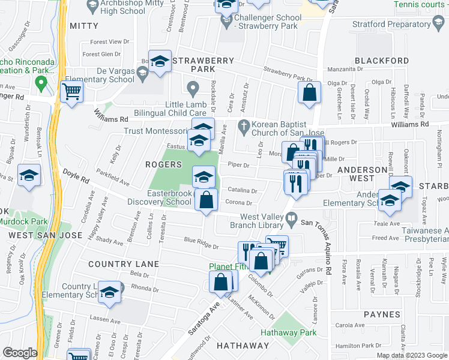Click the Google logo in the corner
[20, 353]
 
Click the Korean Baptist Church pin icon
[243, 127]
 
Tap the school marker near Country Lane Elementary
[109, 293]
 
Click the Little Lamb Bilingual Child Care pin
[193, 91]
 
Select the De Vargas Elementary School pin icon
[143, 74]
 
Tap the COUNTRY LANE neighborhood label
[123, 264]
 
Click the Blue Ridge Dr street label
[200, 243]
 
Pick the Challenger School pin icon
[226, 23]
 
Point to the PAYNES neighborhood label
[381, 314]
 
